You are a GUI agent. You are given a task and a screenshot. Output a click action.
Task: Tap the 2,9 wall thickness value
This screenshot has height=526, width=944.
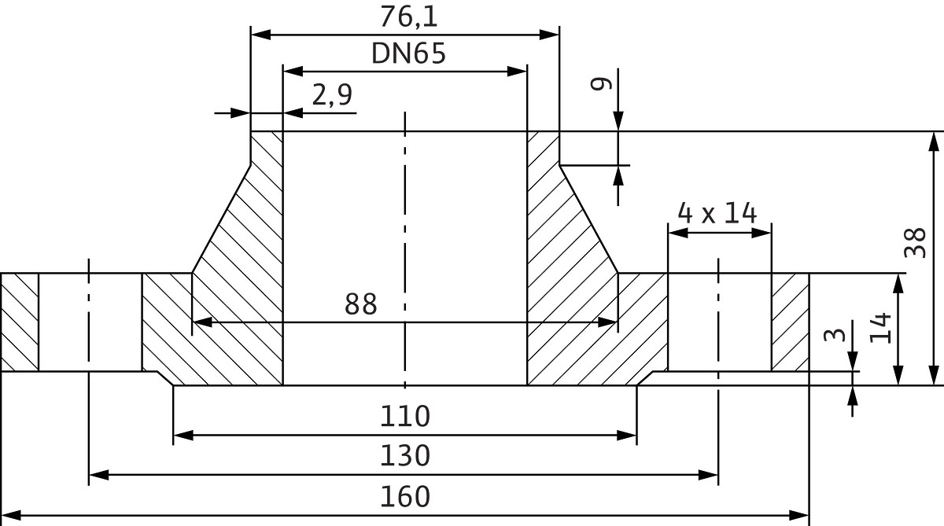click(332, 95)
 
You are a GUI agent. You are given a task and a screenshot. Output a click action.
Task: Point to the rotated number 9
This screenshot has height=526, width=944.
click(602, 83)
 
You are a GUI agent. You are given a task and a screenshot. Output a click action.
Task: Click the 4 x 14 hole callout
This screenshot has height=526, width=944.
click(717, 213)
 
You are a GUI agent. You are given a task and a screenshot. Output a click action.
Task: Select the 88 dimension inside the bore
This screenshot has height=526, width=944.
click(361, 304)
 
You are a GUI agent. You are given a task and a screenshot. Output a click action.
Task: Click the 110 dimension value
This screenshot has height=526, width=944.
click(405, 416)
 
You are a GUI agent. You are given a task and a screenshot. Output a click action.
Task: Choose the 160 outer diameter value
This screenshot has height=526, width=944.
click(405, 497)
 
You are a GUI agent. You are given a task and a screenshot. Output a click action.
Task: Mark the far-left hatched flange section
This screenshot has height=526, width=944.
click(19, 322)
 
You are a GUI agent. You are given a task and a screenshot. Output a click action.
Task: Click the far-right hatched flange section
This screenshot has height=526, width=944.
click(790, 322)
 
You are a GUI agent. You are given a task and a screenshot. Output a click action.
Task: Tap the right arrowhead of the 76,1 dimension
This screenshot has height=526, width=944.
click(550, 34)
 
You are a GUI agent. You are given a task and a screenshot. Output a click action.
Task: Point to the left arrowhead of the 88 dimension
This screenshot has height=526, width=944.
click(201, 322)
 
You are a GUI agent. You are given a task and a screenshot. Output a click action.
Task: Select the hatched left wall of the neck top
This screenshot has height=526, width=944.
click(266, 149)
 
